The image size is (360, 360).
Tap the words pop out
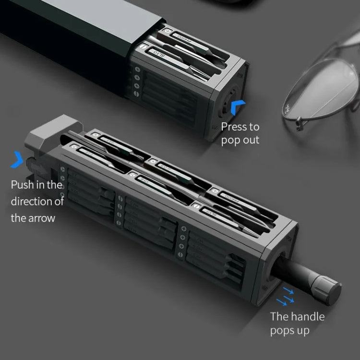(x=240, y=140)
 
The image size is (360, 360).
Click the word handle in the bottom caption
(x=307, y=316)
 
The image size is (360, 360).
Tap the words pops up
(x=289, y=330)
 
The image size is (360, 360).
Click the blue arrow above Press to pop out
(x=238, y=107)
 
